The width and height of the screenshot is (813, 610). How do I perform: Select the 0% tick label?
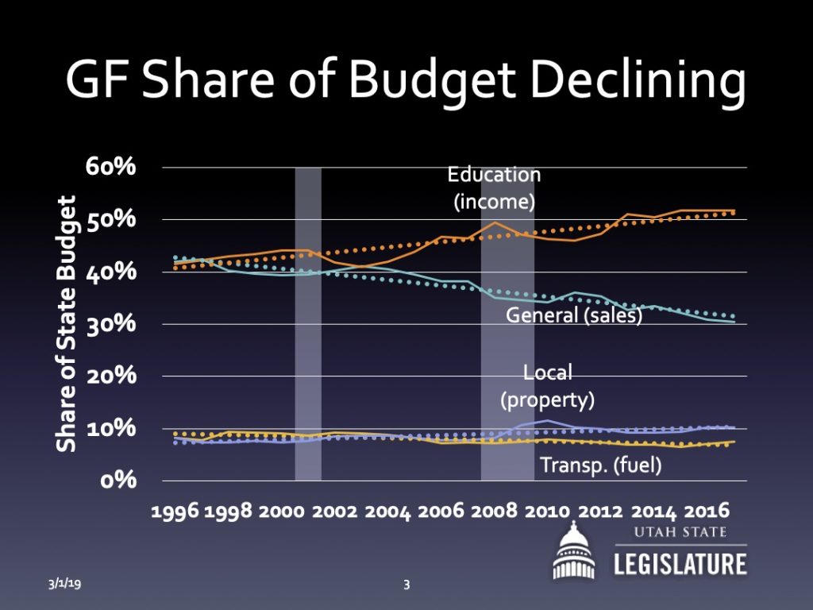[x=119, y=481]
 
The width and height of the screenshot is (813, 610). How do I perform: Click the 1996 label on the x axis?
[x=175, y=512]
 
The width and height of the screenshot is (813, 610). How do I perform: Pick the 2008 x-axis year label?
[x=495, y=512]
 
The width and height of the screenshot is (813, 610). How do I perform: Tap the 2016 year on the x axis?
[x=707, y=512]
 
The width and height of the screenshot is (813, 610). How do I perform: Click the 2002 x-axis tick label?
[x=335, y=512]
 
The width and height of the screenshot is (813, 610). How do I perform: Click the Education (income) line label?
[x=494, y=188]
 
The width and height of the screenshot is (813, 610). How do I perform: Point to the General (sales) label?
[x=574, y=316]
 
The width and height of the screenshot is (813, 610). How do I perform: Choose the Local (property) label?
[x=547, y=386]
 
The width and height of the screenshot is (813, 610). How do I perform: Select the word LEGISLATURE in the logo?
[x=680, y=563]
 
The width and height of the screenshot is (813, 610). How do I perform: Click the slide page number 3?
[x=406, y=585]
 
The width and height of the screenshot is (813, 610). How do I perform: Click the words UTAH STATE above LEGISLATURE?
[x=680, y=532]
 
